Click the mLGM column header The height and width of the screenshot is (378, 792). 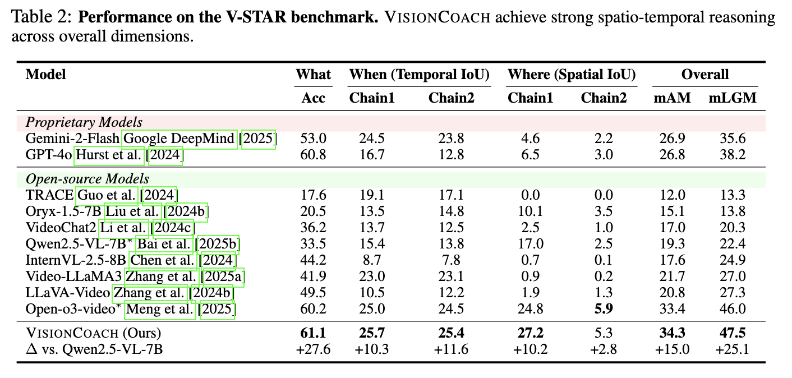[733, 98]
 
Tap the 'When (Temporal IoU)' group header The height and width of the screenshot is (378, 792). [420, 75]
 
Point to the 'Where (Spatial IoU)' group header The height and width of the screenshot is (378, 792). [572, 75]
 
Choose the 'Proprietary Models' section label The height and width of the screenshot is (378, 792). [84, 122]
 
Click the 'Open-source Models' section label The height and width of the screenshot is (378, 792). [88, 179]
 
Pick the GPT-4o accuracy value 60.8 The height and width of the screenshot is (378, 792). [314, 154]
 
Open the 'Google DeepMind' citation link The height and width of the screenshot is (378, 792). [179, 139]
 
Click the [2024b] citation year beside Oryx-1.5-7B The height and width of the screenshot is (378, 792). [185, 211]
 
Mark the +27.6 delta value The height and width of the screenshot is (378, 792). [314, 349]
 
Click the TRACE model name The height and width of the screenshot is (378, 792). [49, 195]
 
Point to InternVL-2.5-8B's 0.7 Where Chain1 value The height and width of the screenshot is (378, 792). [530, 260]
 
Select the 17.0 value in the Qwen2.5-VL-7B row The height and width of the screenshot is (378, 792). [530, 244]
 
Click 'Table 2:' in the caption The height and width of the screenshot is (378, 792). [42, 17]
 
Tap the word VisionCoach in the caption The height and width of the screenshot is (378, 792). [438, 17]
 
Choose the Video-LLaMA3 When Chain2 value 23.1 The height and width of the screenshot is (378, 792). [452, 276]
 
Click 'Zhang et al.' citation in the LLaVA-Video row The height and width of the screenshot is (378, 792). [150, 293]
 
